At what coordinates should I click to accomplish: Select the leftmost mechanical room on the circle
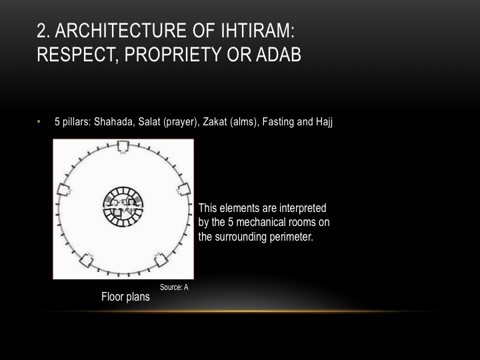coord(65,189)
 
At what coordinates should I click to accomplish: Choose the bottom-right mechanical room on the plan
coord(161,259)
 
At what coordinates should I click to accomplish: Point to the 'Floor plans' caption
coord(125,297)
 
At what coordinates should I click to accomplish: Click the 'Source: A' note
coord(175,287)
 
